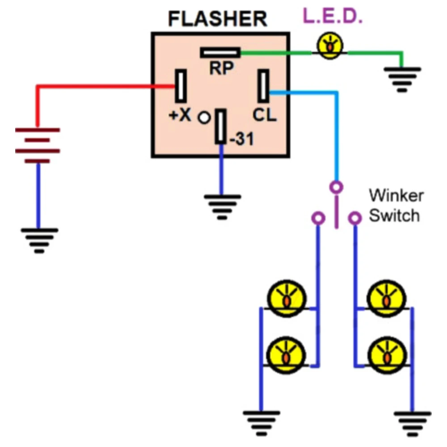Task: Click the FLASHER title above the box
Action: point(217,19)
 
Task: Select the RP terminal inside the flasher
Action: point(220,53)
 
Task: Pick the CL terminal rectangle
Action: point(263,86)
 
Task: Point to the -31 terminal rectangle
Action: point(220,127)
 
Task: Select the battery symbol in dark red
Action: point(38,145)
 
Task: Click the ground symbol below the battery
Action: point(39,239)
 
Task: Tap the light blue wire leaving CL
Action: point(336,134)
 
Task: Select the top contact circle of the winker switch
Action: point(336,186)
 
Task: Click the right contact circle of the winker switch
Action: point(355,218)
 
